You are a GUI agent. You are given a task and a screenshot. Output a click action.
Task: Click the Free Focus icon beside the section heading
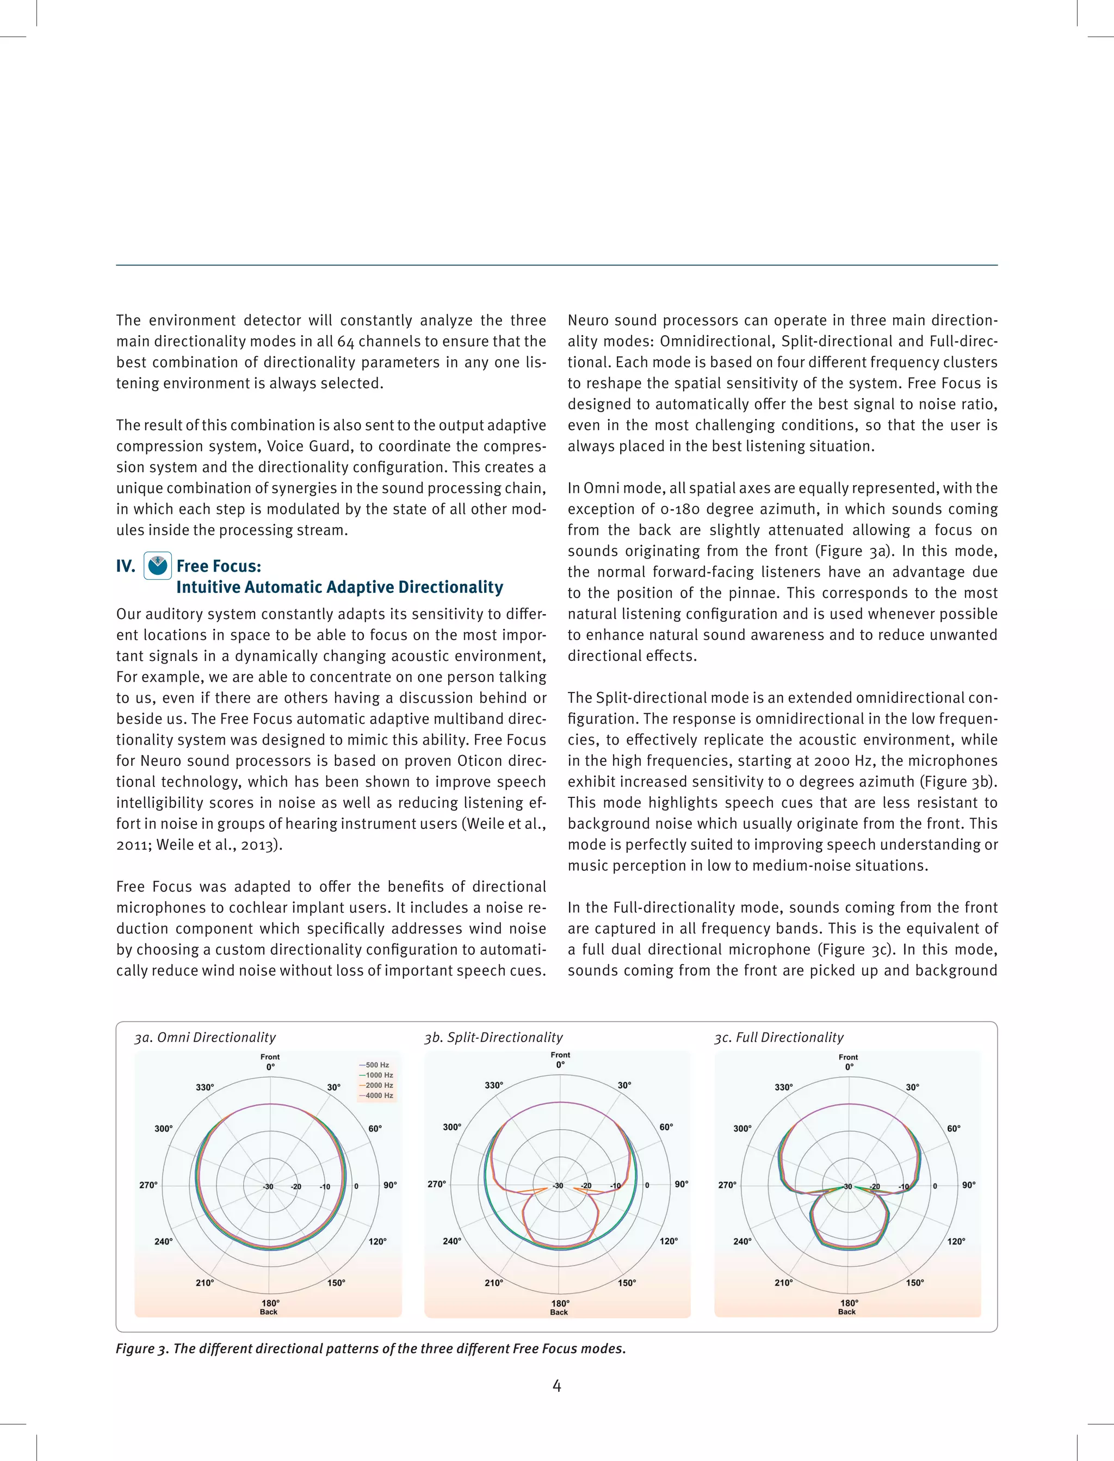click(157, 566)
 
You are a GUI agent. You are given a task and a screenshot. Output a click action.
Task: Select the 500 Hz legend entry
click(375, 1064)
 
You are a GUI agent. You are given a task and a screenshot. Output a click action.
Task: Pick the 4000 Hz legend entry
click(376, 1095)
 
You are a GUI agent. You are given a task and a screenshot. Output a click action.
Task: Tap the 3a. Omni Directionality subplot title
click(205, 1037)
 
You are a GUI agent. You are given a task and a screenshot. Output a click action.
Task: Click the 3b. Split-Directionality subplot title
click(493, 1037)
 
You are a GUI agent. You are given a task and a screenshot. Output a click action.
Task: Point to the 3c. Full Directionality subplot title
click(778, 1037)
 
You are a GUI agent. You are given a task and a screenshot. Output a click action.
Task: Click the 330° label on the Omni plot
click(205, 1087)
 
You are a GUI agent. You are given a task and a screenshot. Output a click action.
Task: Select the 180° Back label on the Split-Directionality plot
click(560, 1307)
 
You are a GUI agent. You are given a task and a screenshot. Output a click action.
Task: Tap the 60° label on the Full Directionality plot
click(954, 1128)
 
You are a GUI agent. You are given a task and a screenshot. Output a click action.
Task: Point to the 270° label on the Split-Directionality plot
click(436, 1184)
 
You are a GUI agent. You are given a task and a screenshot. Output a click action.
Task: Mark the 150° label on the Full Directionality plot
click(915, 1283)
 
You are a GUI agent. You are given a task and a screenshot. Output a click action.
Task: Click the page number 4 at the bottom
click(557, 1385)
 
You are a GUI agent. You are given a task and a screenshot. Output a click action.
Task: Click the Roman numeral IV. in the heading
click(125, 566)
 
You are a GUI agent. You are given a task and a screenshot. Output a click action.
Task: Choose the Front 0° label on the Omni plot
click(270, 1061)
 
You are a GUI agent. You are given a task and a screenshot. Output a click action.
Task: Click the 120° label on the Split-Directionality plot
click(669, 1241)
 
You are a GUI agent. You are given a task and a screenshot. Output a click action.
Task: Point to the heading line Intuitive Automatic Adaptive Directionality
click(339, 587)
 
